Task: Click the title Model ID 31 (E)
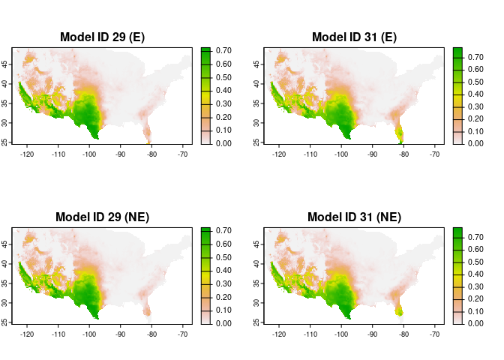354,37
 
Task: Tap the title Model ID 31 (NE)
354,217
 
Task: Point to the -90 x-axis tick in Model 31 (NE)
373,334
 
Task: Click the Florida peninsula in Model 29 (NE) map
148,310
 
